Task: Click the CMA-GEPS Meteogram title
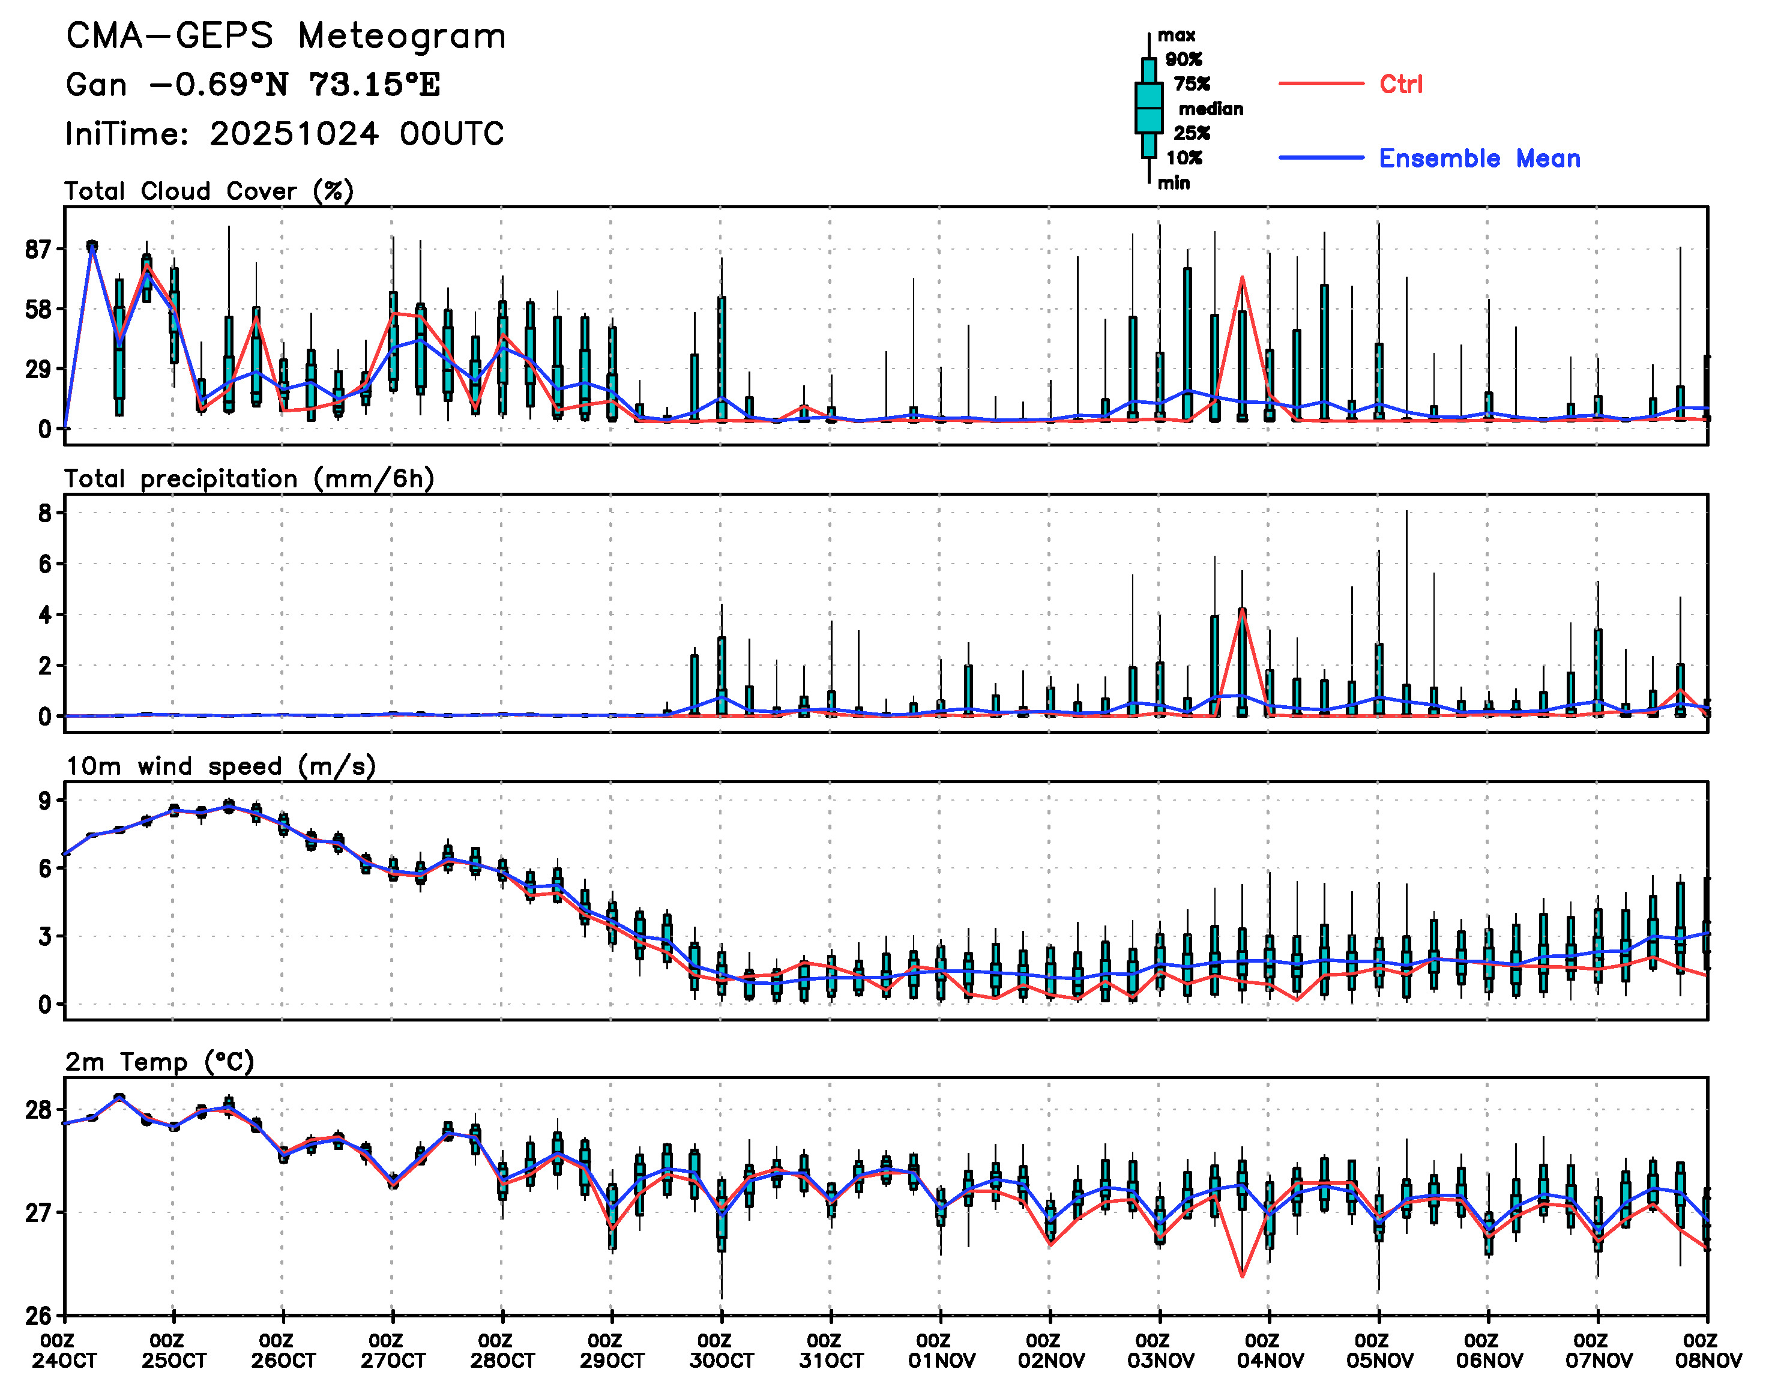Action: click(286, 37)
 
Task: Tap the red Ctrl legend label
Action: click(1400, 84)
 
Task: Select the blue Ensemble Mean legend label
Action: click(1479, 158)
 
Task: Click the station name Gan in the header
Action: click(96, 85)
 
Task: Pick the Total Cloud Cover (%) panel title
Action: click(209, 191)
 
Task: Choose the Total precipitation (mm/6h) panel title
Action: click(249, 479)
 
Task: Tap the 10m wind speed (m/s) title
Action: click(220, 766)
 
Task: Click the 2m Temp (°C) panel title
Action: click(160, 1062)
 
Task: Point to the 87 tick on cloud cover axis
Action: click(38, 250)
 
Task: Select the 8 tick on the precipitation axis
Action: click(45, 513)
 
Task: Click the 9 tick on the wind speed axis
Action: click(45, 801)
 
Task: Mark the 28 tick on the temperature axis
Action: click(38, 1110)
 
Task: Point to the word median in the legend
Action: click(1211, 109)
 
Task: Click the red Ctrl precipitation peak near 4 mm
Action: click(1241, 609)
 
